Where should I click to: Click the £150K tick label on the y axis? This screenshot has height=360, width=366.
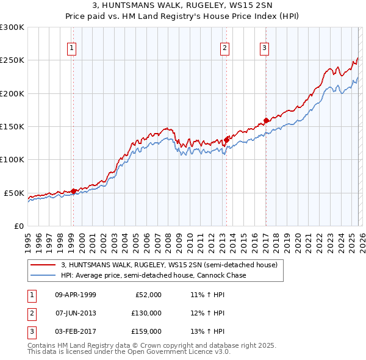point(12,127)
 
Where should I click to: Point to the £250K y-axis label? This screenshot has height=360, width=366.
point(12,60)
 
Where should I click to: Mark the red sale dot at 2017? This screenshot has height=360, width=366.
point(266,120)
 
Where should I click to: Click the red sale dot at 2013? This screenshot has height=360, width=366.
point(226,139)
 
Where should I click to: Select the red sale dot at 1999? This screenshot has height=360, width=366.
point(74,191)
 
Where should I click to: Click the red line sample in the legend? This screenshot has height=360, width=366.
point(44,265)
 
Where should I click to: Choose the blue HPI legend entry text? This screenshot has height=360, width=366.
point(153,275)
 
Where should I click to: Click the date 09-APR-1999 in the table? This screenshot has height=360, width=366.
point(76,295)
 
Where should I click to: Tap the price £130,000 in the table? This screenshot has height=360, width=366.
point(146,313)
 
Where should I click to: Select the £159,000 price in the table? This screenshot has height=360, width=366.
point(146,331)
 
